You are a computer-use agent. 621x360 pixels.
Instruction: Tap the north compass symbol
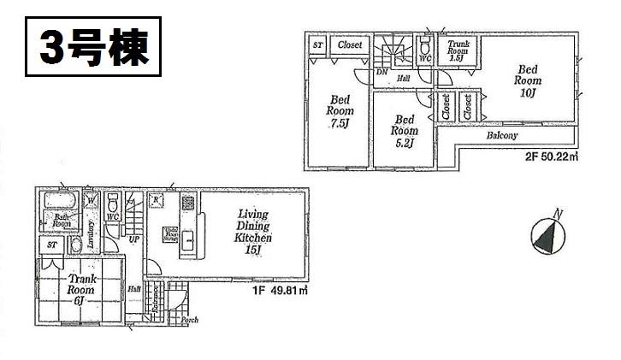(x=547, y=233)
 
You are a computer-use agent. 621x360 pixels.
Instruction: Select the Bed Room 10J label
(x=527, y=80)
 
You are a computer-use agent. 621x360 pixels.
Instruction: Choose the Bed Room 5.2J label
(x=404, y=131)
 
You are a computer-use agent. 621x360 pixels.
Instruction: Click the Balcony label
(x=503, y=135)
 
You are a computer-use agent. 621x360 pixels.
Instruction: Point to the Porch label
(x=189, y=320)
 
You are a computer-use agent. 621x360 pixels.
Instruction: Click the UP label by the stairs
(x=134, y=239)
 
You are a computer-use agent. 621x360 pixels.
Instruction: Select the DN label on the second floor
(x=381, y=71)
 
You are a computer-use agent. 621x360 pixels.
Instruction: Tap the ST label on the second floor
(x=317, y=44)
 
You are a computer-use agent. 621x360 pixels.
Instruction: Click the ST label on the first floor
(x=52, y=245)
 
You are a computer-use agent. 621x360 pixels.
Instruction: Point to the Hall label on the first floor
(x=135, y=290)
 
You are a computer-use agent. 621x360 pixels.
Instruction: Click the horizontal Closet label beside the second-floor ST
(x=349, y=44)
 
